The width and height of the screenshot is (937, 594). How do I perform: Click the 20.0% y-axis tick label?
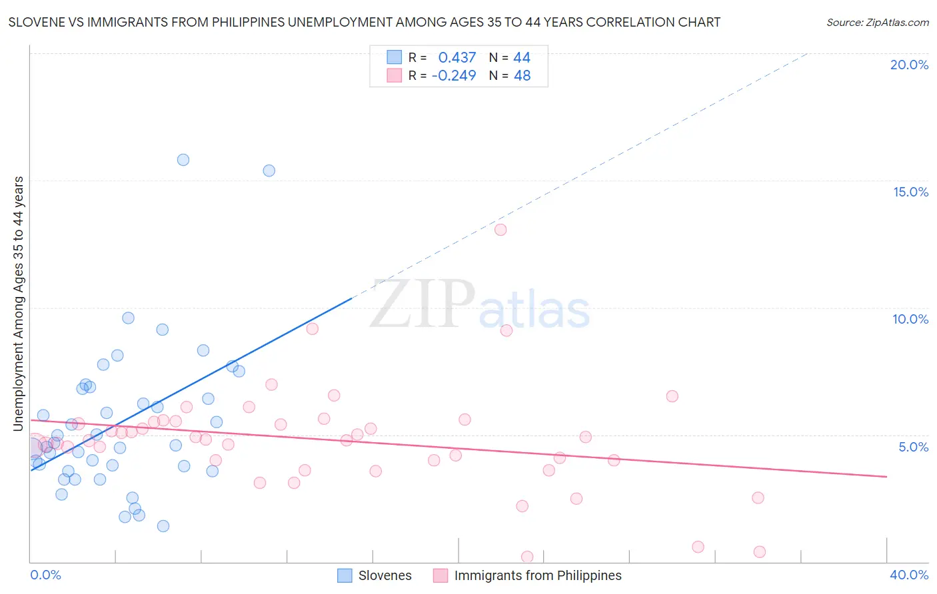click(909, 65)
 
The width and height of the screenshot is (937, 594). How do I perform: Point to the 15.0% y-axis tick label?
click(910, 192)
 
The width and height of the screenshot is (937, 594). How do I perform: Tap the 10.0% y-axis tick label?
click(910, 319)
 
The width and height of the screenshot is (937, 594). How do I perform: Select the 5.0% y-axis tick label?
click(913, 447)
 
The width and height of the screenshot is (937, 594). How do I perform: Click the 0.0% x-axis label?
click(45, 575)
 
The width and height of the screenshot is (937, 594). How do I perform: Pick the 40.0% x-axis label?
click(908, 575)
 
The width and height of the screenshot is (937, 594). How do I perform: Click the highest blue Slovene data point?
click(183, 160)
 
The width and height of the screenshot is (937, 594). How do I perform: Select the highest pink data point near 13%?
click(500, 230)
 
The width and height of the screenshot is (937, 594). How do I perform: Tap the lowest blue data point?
click(163, 526)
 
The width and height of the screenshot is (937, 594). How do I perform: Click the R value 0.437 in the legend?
click(457, 58)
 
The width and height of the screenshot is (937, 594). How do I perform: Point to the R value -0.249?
click(454, 76)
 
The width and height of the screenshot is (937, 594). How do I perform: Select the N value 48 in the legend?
click(522, 76)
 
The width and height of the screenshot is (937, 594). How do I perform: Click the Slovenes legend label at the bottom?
click(385, 575)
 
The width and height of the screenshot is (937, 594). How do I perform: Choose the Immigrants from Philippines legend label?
click(537, 575)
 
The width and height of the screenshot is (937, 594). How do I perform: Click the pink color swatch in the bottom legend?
click(441, 575)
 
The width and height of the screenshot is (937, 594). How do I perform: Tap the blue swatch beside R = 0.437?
click(395, 57)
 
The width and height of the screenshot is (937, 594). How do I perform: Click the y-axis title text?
click(18, 304)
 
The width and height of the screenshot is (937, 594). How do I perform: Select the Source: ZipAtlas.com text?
click(877, 22)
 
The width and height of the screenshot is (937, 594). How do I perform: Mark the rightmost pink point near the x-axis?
click(760, 551)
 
